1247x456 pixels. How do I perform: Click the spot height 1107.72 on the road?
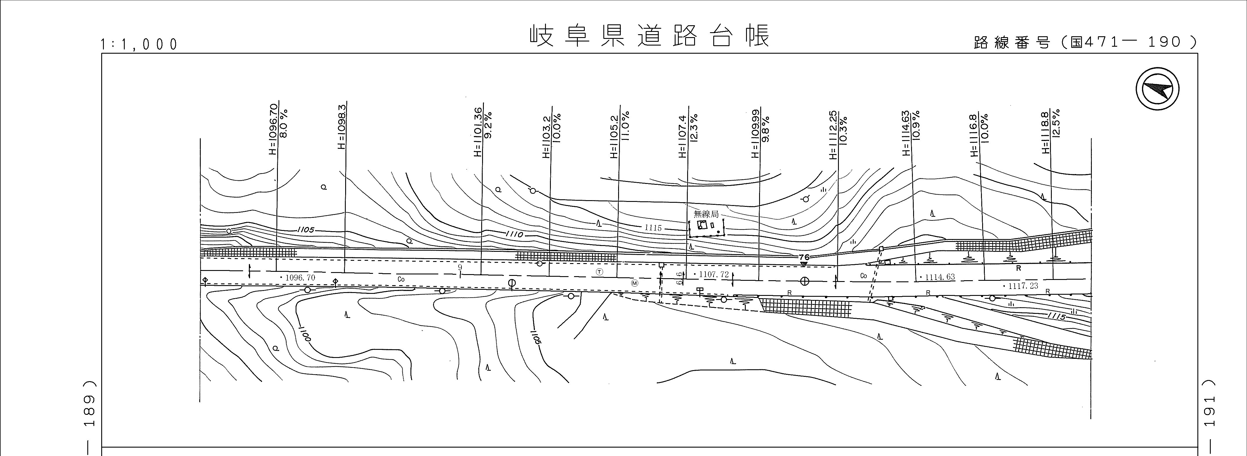pos(711,274)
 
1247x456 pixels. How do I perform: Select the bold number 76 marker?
pos(804,257)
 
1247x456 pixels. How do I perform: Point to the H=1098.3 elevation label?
pos(342,127)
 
